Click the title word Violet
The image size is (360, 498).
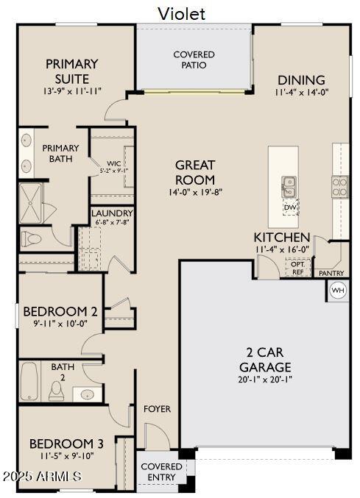click(181, 13)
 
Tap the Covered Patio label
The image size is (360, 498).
click(194, 60)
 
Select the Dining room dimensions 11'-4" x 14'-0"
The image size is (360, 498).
click(302, 93)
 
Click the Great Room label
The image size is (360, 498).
click(195, 173)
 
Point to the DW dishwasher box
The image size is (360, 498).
click(291, 207)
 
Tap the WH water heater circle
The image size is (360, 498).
click(338, 291)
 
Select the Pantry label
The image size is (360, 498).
click(331, 273)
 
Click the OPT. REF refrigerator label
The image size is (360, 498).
click(297, 268)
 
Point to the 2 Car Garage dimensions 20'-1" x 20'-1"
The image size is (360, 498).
click(265, 380)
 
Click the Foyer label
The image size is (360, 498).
click(157, 409)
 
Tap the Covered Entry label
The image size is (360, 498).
click(161, 472)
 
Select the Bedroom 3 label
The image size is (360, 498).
click(66, 444)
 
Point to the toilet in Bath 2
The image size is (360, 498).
click(56, 390)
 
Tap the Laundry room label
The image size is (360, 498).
click(112, 213)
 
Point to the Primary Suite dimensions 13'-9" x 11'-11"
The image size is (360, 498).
click(72, 92)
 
